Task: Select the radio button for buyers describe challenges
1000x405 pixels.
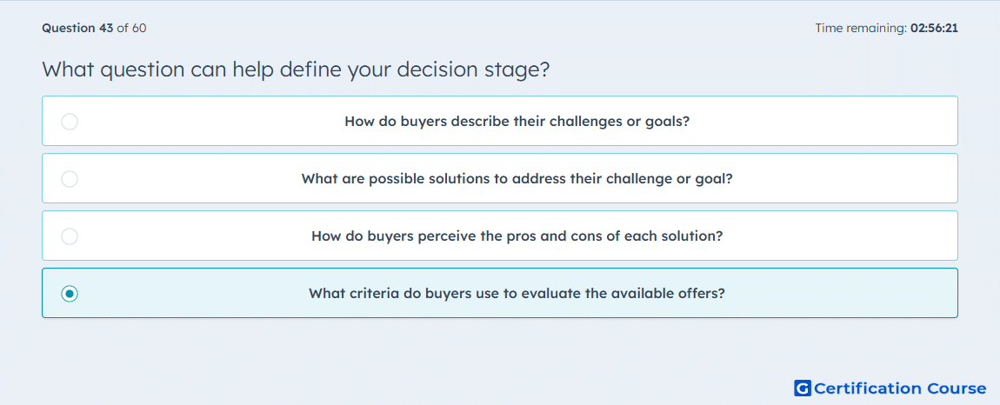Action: pyautogui.click(x=70, y=121)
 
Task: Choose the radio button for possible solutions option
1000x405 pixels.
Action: pyautogui.click(x=70, y=178)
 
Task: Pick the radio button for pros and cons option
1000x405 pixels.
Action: pyautogui.click(x=70, y=236)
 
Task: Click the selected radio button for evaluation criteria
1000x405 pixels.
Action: pyautogui.click(x=70, y=294)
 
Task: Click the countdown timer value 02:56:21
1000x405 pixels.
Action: pyautogui.click(x=934, y=28)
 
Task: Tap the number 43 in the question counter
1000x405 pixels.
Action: pyautogui.click(x=106, y=28)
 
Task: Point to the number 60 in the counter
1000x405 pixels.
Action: pyautogui.click(x=139, y=28)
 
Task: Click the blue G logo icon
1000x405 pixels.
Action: pyautogui.click(x=803, y=388)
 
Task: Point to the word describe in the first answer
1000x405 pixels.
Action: pyautogui.click(x=481, y=121)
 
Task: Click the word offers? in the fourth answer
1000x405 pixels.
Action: pyautogui.click(x=702, y=294)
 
